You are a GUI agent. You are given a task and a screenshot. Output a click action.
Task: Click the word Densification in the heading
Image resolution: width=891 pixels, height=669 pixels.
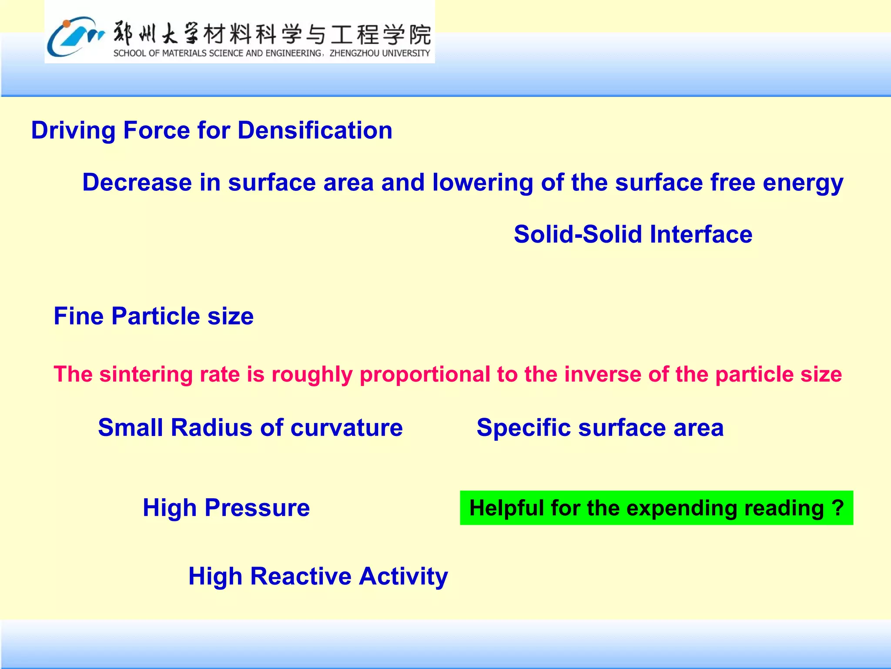click(315, 130)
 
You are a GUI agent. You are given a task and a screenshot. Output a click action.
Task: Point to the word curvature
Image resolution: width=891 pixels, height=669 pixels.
click(346, 427)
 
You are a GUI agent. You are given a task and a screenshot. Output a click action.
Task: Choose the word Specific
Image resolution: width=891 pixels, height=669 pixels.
click(523, 427)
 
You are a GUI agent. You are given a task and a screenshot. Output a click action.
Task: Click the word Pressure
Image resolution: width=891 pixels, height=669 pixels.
click(257, 508)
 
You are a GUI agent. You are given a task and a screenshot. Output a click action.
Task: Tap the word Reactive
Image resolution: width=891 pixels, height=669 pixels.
click(301, 576)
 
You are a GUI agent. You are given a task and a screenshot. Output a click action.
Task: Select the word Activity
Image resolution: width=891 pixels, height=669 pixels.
click(404, 576)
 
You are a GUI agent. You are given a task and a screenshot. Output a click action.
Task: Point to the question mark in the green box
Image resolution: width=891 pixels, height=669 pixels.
click(838, 508)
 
